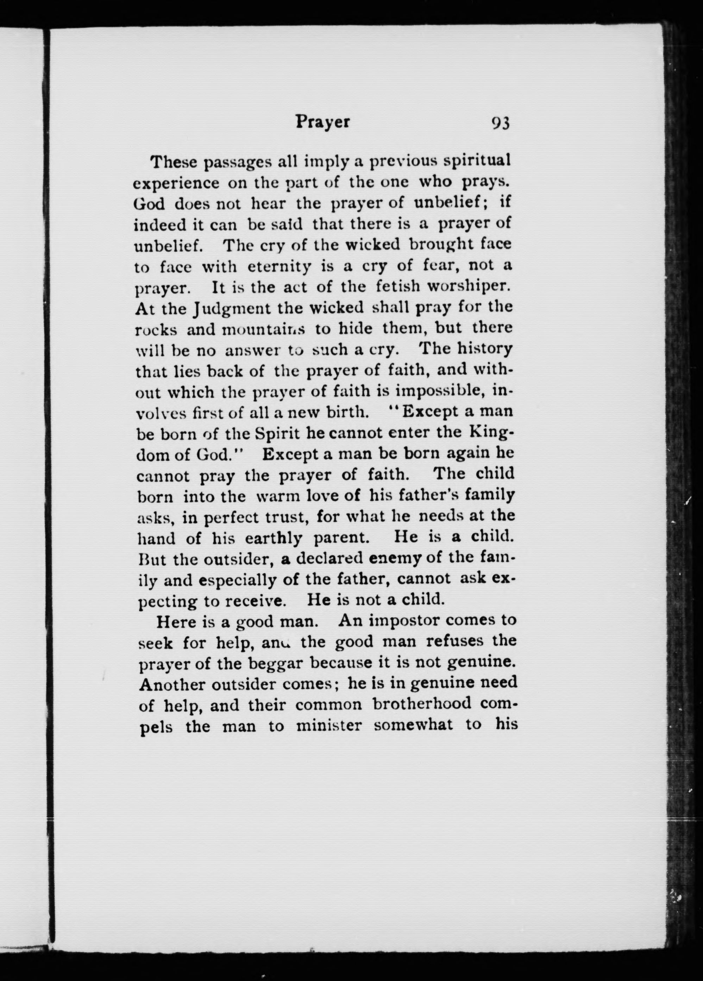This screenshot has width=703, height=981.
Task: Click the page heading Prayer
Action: click(x=322, y=122)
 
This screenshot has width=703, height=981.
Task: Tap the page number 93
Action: click(x=501, y=124)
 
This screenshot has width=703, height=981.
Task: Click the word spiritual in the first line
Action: click(x=478, y=161)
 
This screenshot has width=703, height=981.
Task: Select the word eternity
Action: click(x=279, y=267)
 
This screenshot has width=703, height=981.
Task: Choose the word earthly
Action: click(x=274, y=539)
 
